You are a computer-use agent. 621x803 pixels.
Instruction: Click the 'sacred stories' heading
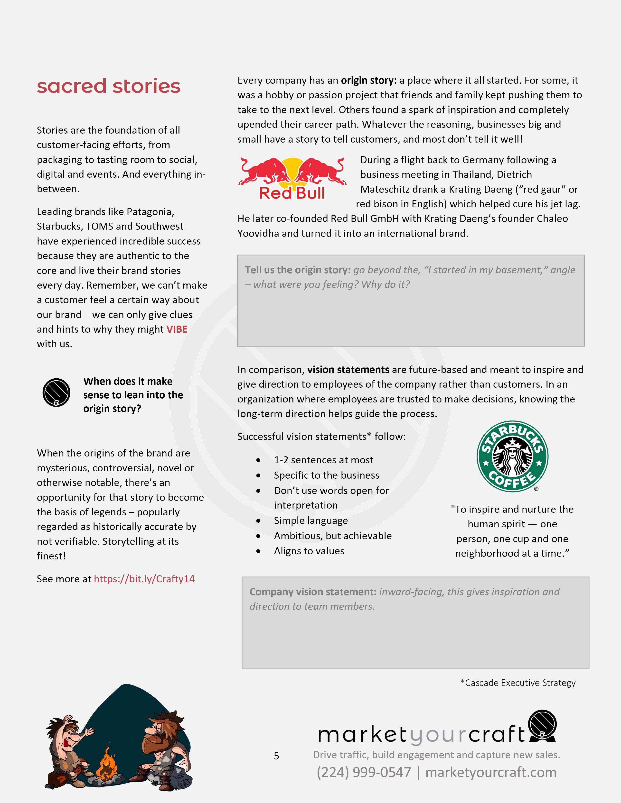tap(109, 86)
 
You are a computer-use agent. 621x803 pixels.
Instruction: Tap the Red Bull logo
tap(292, 179)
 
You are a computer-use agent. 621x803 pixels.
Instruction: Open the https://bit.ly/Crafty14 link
tap(144, 579)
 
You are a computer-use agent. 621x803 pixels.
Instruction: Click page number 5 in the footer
tap(277, 756)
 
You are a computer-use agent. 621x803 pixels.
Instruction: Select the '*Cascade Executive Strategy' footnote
tap(518, 683)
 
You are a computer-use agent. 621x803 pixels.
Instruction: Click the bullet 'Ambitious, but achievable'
tap(333, 536)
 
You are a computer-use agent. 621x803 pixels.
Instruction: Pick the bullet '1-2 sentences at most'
tap(323, 460)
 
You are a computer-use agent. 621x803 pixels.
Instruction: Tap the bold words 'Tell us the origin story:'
tap(298, 270)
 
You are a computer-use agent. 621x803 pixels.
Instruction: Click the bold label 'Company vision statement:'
tap(313, 592)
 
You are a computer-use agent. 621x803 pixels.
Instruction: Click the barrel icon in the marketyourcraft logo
tap(542, 726)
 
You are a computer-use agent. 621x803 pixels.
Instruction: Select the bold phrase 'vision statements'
tap(348, 370)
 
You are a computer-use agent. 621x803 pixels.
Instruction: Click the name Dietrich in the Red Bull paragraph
tap(514, 175)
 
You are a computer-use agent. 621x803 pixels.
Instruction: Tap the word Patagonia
tap(150, 212)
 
